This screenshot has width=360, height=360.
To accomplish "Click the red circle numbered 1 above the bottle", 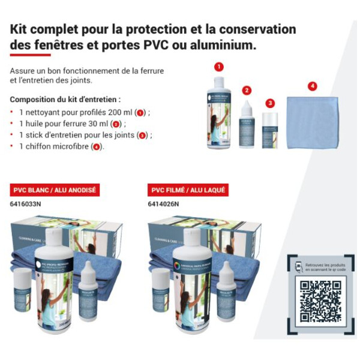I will pyautogui.click(x=219, y=67).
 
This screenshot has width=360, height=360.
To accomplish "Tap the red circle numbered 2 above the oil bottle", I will pyautogui.click(x=247, y=91).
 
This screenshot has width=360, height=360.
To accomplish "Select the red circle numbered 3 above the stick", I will pyautogui.click(x=270, y=103).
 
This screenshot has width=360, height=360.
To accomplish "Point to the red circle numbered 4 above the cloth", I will pyautogui.click(x=312, y=86).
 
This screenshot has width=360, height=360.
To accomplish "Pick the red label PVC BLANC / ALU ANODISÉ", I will pyautogui.click(x=55, y=190).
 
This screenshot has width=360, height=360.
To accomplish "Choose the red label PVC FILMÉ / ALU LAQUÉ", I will pyautogui.click(x=187, y=190).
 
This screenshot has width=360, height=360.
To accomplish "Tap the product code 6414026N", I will pyautogui.click(x=163, y=204).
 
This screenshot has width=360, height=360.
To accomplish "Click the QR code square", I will pyautogui.click(x=320, y=303).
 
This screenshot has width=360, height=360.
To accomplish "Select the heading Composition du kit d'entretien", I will pyautogui.click(x=65, y=98).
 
